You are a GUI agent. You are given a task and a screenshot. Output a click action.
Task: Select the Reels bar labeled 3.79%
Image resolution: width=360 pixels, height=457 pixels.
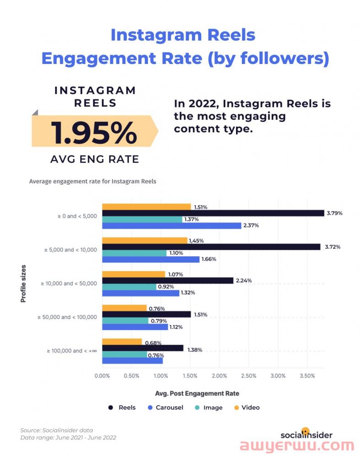point(213,213)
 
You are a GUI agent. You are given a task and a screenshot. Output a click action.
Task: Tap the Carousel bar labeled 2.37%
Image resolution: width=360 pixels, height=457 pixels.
point(172,225)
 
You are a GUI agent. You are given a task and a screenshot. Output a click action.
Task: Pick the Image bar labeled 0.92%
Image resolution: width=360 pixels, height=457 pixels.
point(129,287)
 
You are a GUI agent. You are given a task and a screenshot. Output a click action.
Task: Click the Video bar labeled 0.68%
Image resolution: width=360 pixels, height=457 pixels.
point(122,342)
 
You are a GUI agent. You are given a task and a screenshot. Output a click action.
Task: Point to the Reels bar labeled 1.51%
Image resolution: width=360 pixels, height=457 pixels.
point(146,314)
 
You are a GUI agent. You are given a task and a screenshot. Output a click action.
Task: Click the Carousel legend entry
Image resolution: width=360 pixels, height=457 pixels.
point(166,407)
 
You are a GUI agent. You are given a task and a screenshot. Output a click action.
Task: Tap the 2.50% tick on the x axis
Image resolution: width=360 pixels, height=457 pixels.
point(248,376)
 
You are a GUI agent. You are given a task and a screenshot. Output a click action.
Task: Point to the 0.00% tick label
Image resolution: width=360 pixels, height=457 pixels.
point(102,376)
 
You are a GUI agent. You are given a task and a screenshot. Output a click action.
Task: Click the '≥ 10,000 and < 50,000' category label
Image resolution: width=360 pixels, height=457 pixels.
point(69,283)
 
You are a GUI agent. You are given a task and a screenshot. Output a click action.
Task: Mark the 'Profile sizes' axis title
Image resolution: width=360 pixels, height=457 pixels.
point(23,283)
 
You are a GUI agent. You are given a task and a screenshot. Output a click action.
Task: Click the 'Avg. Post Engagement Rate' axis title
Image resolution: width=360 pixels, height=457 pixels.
point(197,393)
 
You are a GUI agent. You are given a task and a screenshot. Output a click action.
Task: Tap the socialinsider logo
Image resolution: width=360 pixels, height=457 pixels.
point(306,434)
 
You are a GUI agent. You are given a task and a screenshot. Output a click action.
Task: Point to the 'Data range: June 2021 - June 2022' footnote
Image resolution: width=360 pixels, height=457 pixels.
point(68,437)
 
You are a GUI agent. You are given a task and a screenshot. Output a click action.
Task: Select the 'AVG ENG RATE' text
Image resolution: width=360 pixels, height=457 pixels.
point(94,159)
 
